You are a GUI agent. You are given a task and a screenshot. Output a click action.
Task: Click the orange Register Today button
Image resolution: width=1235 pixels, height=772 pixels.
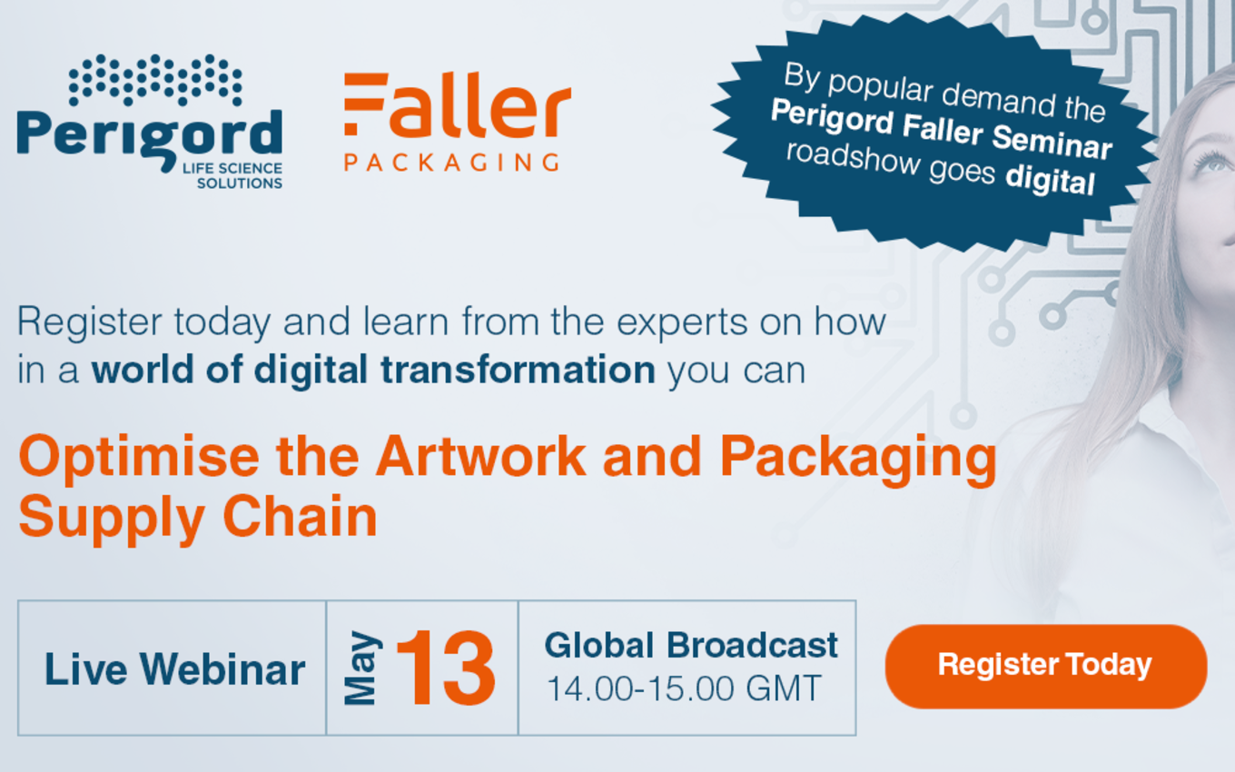[1046, 666]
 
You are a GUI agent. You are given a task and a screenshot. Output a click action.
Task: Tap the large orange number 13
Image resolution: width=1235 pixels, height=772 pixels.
[446, 668]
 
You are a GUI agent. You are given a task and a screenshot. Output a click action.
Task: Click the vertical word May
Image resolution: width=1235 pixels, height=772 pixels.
[362, 668]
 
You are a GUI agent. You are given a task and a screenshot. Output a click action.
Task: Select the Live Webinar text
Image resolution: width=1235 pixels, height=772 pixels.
[174, 668]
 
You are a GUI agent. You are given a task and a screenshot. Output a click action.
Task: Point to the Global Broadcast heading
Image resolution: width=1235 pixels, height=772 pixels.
[691, 645]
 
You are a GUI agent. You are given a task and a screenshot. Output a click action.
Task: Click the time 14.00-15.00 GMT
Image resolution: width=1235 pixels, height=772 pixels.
[684, 688]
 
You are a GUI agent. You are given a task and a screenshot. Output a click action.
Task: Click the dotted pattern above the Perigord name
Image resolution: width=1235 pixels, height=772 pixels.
[155, 80]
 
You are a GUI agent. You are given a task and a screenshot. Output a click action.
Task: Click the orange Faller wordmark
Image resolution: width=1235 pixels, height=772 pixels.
[458, 105]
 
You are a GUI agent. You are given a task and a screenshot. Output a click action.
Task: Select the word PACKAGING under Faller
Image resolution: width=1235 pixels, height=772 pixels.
[452, 163]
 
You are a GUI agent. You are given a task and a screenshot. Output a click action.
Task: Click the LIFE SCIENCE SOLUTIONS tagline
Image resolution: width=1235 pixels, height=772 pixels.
[232, 175]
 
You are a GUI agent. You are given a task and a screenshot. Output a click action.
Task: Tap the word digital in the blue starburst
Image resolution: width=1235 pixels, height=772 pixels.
[1050, 179]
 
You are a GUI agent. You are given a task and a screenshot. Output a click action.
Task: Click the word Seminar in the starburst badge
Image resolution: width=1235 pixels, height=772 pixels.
[1052, 143]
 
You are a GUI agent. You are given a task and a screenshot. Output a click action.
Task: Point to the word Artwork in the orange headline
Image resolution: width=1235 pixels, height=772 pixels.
[480, 456]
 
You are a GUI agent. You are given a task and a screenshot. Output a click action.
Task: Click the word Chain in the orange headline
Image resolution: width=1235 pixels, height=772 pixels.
[300, 516]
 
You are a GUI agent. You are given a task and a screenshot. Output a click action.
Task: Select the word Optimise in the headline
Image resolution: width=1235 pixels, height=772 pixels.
[139, 457]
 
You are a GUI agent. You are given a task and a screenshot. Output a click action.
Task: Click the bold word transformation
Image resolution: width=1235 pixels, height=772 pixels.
[518, 370]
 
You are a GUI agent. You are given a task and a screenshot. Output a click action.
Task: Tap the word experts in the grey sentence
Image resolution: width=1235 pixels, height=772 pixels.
[681, 322]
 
